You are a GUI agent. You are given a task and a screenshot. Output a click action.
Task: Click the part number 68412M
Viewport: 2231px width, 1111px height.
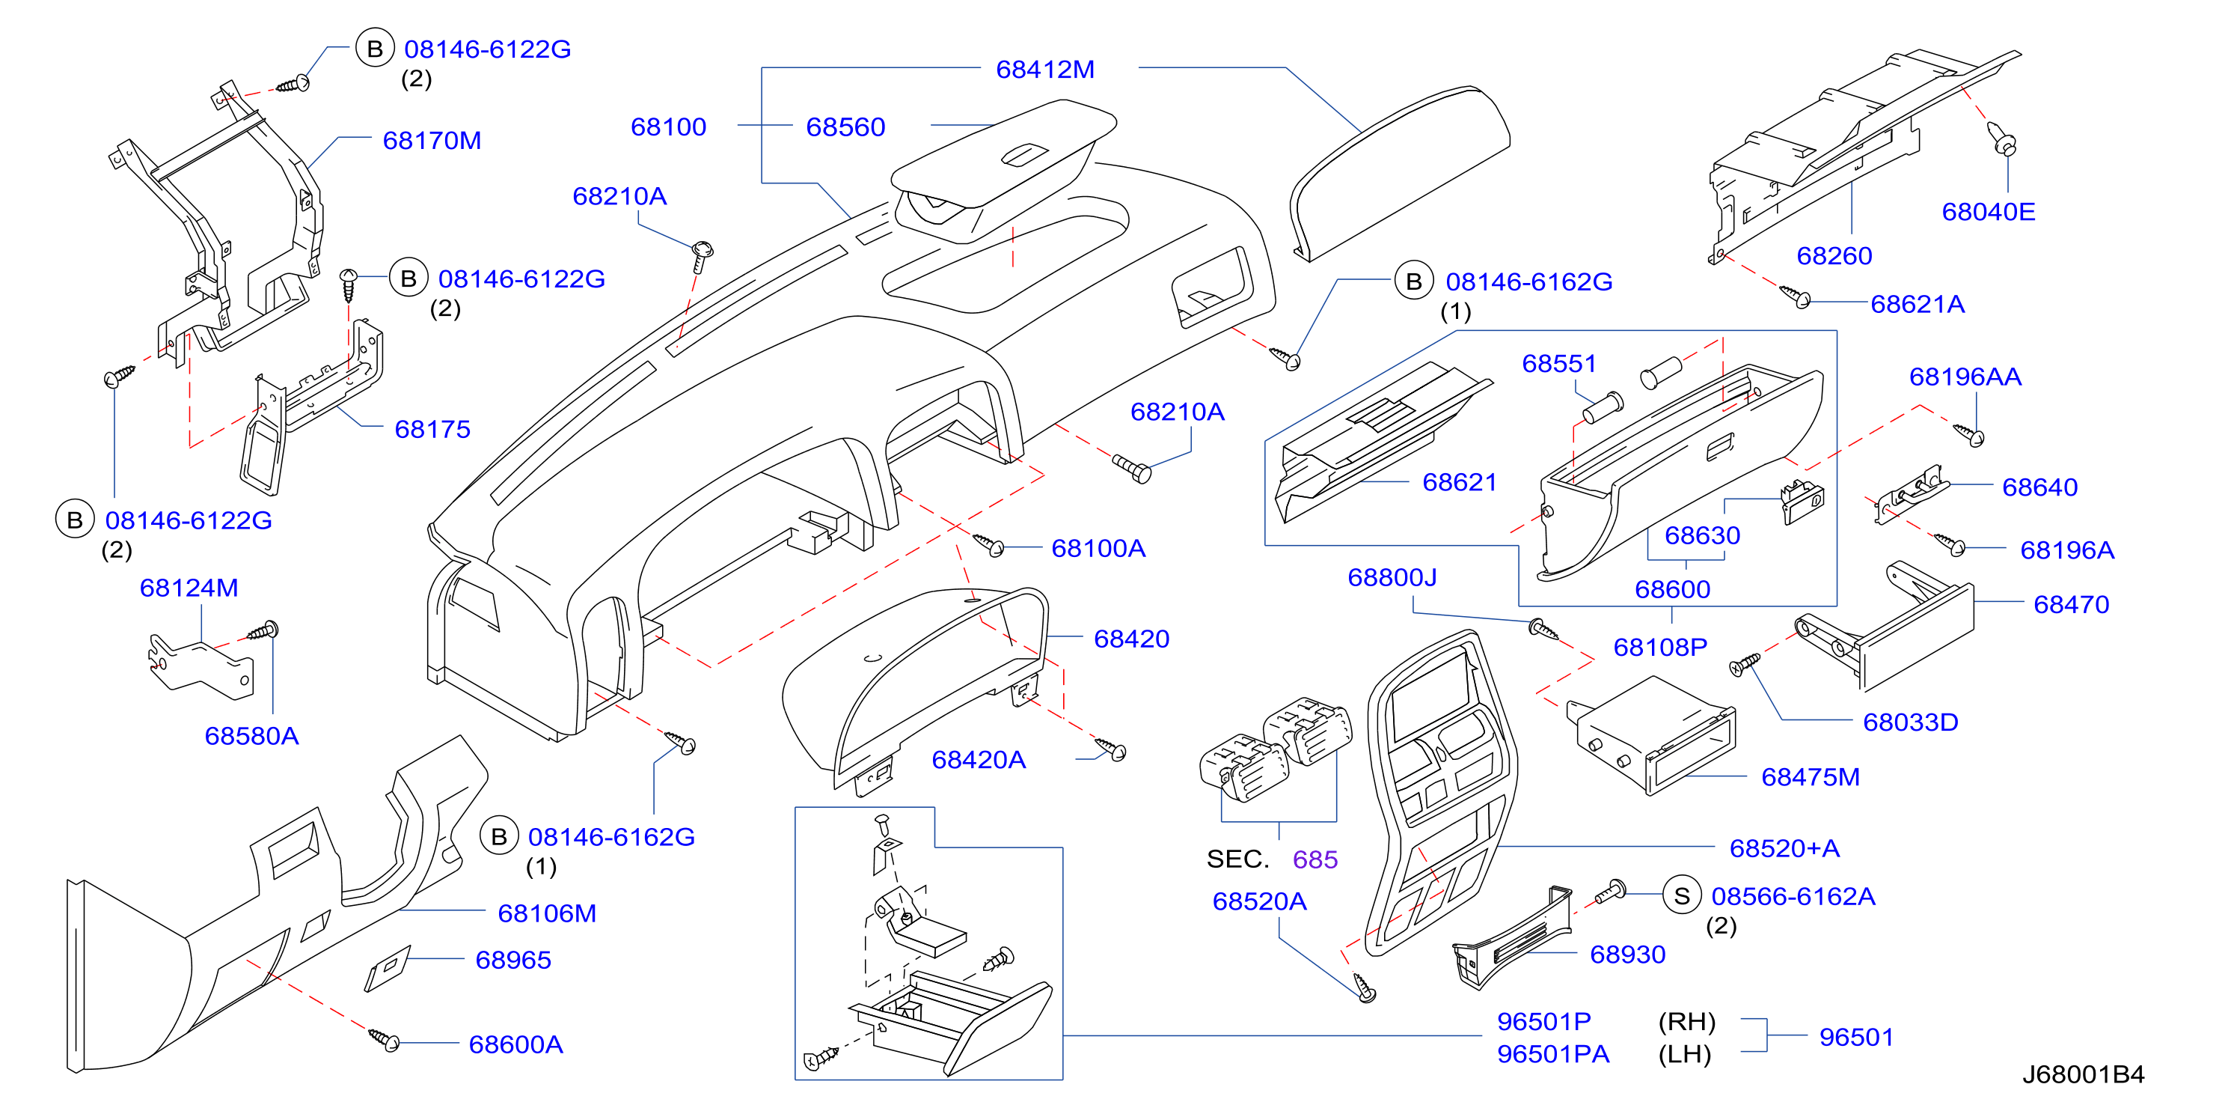tap(1044, 70)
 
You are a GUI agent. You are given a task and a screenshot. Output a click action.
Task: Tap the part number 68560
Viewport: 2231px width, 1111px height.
tap(845, 127)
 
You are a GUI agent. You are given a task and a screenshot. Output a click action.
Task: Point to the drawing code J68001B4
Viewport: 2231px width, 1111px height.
tap(2083, 1074)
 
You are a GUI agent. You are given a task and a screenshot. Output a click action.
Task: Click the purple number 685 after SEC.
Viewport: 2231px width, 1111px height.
tap(1315, 859)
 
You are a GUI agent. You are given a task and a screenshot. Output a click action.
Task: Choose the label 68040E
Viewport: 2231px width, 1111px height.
tap(1988, 211)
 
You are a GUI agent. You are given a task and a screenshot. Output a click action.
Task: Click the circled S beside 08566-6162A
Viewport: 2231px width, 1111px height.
tap(1682, 896)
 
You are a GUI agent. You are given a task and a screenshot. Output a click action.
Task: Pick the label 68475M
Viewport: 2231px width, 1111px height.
tap(1810, 777)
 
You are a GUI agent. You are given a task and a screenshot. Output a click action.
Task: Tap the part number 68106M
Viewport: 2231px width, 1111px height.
tap(546, 913)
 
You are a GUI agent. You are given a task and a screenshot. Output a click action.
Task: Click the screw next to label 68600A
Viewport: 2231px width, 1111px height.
tap(385, 1039)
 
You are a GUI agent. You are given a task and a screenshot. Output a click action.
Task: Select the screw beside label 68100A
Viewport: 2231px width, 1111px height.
tap(988, 545)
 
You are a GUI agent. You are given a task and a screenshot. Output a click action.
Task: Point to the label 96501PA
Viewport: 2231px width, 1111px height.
tap(1553, 1054)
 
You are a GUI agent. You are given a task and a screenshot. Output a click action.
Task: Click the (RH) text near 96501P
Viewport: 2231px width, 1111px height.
tap(1686, 1022)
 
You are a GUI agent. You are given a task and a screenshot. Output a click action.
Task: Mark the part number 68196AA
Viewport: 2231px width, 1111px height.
tap(1965, 377)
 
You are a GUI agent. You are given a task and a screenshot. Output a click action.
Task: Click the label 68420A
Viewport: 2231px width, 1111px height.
tap(978, 760)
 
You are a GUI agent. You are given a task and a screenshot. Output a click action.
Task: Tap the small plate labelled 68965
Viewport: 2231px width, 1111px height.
tap(387, 968)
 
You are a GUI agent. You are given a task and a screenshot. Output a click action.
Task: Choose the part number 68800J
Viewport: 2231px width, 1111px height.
tap(1392, 577)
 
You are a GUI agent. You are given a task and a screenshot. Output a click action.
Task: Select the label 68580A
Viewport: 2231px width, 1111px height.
tap(251, 736)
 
